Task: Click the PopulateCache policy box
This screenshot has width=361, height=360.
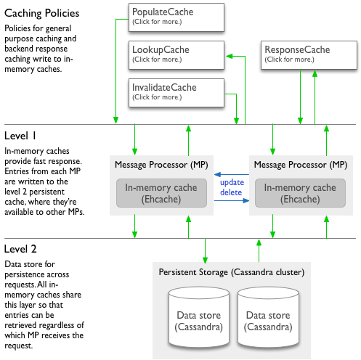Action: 177,17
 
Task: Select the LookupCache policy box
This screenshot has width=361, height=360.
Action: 177,55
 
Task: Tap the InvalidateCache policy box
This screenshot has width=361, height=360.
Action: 177,93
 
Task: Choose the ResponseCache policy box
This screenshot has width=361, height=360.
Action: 309,55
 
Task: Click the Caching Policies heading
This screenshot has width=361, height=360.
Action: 41,13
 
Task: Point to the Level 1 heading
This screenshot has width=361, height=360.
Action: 20,136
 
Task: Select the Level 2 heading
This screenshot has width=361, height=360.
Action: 20,249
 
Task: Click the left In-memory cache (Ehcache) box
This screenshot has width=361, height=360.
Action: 161,193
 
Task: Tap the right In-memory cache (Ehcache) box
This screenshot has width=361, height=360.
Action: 300,193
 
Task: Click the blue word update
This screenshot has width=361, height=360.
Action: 232,182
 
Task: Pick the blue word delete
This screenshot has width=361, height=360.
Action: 231,192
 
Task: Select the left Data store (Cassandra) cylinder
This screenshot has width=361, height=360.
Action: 199,317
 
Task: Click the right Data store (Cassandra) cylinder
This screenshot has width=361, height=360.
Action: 268,317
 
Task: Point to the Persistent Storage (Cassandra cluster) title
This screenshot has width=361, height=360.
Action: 232,272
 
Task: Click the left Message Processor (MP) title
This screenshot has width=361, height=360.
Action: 161,165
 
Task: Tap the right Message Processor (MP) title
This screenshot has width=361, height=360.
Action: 301,165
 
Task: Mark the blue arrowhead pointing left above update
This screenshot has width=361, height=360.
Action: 217,174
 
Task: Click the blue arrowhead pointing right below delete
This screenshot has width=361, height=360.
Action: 246,200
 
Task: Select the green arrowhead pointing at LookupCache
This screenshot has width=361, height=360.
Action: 230,56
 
